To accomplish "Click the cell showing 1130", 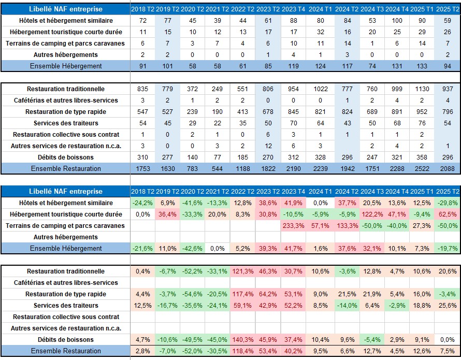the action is (422, 89).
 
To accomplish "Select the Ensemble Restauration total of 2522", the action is (422, 168).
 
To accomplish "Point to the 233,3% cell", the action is (293, 226).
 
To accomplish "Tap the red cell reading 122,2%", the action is (372, 214).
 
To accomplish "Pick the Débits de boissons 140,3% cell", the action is (243, 339).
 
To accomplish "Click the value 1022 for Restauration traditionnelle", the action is (321, 89).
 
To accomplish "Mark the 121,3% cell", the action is (243, 271).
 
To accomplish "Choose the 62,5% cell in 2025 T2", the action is (448, 214).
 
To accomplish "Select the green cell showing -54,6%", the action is (192, 294).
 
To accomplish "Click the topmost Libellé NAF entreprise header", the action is (66, 9).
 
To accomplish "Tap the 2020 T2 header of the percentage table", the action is (192, 192).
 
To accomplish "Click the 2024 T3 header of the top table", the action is (372, 9).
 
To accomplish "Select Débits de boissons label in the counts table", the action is (66, 157).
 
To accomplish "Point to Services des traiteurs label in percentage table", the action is (66, 306).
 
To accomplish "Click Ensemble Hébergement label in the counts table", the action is (66, 66).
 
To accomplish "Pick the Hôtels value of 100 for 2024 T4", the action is (397, 21).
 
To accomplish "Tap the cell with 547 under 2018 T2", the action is (142, 112).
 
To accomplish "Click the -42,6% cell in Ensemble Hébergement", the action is (192, 249).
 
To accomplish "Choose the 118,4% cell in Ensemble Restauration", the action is (243, 351).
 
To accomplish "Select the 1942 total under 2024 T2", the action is (347, 168).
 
